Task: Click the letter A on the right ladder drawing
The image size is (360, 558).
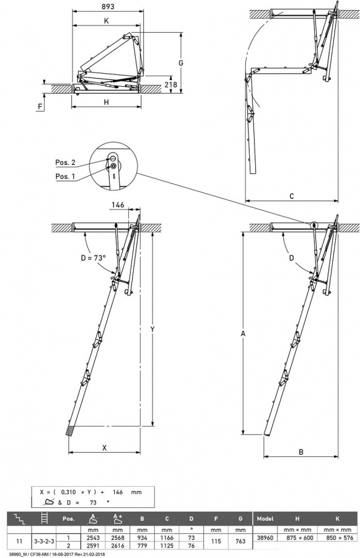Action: coord(244,334)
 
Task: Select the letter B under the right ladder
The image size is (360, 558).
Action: coord(301,452)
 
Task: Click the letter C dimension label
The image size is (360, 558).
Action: coord(291,197)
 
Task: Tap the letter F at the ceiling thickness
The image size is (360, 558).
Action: coord(40,106)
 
